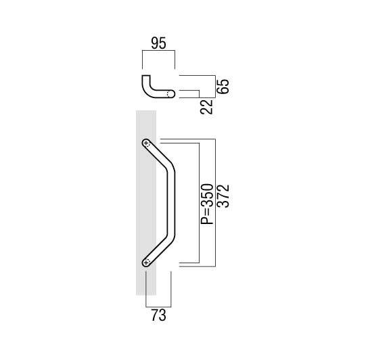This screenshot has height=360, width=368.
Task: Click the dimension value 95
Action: [158, 43]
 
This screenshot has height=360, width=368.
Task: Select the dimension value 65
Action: [223, 87]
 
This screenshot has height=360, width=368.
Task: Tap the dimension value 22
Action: [206, 107]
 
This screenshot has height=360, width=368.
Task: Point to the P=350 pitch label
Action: [207, 204]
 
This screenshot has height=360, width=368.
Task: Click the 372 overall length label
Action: [223, 196]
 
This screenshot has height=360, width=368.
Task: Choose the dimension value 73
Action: [158, 315]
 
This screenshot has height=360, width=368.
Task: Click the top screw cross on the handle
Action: [146, 143]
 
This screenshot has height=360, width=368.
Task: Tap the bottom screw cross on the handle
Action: [146, 263]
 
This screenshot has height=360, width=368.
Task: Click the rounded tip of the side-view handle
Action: [172, 94]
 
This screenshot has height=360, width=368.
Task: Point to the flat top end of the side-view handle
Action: [146, 76]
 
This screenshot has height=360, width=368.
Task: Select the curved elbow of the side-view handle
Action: [148, 91]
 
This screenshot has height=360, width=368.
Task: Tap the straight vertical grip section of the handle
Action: [171, 203]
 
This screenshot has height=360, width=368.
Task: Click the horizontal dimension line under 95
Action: [159, 50]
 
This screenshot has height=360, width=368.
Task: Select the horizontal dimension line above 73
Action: [158, 307]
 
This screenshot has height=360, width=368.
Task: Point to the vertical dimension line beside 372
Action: [215, 202]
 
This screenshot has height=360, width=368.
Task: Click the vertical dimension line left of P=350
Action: [199, 203]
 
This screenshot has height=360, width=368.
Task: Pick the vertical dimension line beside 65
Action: [215, 87]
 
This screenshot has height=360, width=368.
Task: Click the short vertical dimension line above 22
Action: [199, 94]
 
